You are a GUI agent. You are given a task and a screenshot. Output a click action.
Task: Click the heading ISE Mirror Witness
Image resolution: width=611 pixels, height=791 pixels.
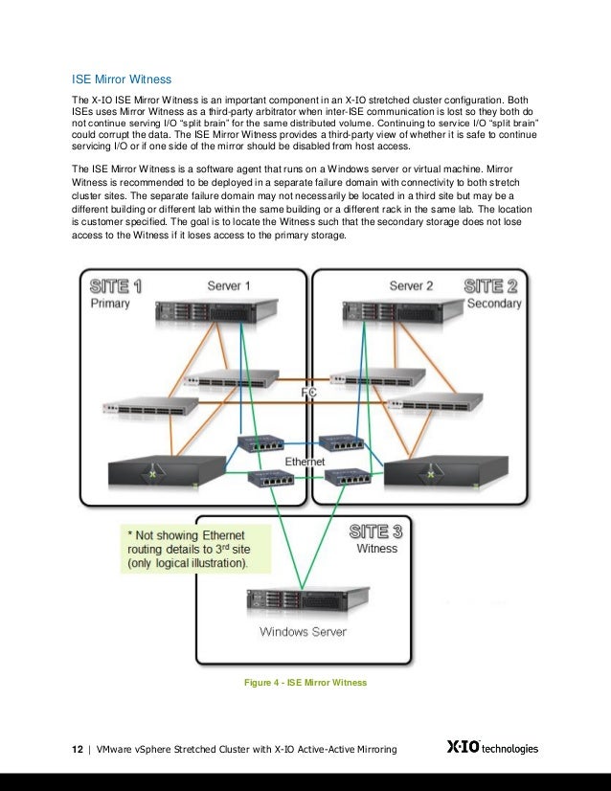pyautogui.click(x=122, y=79)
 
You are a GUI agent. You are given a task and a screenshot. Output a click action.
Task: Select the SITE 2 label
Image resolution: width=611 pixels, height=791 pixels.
pyautogui.click(x=492, y=285)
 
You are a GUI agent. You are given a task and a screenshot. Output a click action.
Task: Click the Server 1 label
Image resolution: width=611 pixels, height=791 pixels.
pyautogui.click(x=229, y=285)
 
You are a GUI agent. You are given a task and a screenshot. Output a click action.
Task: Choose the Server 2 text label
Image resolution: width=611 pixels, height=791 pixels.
pyautogui.click(x=411, y=285)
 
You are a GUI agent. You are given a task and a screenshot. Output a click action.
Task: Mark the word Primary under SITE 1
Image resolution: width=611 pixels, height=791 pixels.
pyautogui.click(x=110, y=304)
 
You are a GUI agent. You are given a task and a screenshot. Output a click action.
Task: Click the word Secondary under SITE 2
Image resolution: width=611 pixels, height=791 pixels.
pyautogui.click(x=494, y=304)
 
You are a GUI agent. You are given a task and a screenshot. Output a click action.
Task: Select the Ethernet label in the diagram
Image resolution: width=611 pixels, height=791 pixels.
pyautogui.click(x=305, y=462)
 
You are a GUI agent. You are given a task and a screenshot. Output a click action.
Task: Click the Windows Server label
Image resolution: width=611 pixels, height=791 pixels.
pyautogui.click(x=303, y=632)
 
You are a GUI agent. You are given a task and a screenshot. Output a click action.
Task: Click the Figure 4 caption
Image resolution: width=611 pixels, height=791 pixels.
pyautogui.click(x=306, y=682)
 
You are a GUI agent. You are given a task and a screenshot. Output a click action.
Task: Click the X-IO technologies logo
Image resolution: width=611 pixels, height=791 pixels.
pyautogui.click(x=492, y=747)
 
